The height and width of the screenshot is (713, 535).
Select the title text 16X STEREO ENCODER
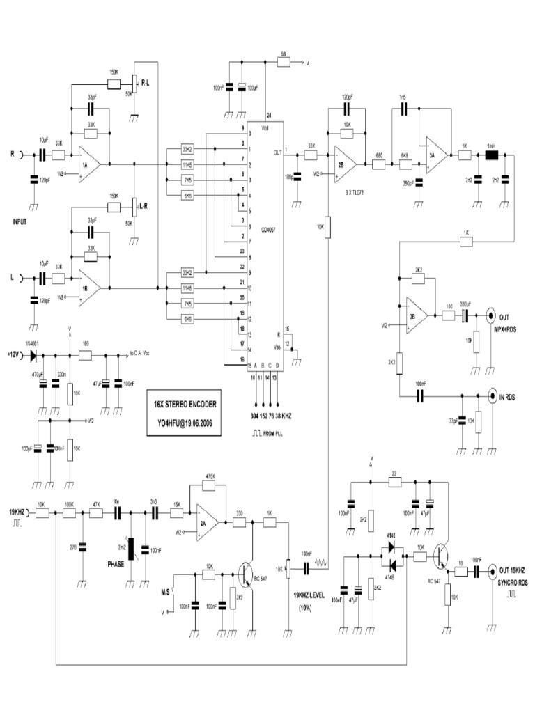186,403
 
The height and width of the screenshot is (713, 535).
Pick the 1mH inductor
490,157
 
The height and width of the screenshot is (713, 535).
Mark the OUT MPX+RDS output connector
491,315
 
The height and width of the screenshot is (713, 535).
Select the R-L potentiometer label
148,83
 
